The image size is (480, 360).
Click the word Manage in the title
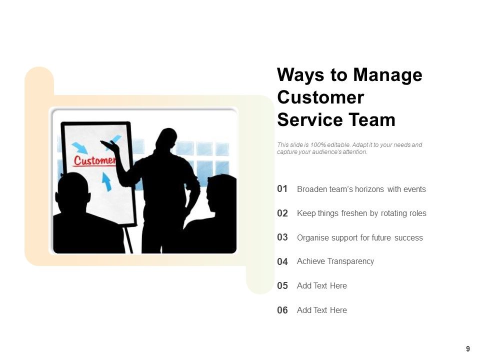(x=387, y=75)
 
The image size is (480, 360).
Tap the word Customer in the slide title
(x=320, y=97)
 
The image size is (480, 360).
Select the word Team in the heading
(x=372, y=120)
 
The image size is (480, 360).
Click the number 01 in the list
(x=282, y=189)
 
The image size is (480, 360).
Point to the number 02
(x=282, y=213)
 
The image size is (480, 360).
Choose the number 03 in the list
(x=282, y=237)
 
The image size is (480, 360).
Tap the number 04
(x=282, y=261)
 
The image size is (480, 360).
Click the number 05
(x=282, y=286)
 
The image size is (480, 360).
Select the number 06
(x=282, y=310)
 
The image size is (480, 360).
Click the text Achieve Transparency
(x=335, y=261)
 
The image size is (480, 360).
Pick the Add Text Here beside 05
(x=321, y=286)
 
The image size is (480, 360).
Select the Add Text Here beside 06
(x=321, y=310)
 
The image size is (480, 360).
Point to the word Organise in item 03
(x=312, y=238)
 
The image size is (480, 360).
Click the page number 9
(x=468, y=349)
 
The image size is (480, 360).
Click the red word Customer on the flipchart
(x=94, y=160)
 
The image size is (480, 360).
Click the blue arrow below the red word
(x=107, y=181)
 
